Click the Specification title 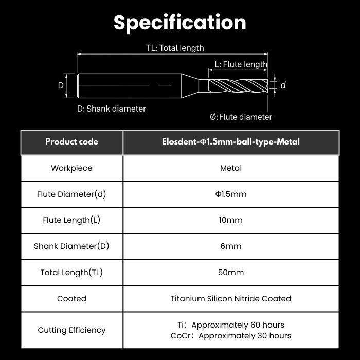(x=180, y=23)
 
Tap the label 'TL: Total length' (x=175, y=48)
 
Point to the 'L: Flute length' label (x=241, y=64)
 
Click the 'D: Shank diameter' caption (x=112, y=109)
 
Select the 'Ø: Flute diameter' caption (x=241, y=117)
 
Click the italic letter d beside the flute (x=283, y=85)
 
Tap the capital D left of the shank (x=61, y=85)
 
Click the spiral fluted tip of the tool (x=238, y=85)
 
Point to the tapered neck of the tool (x=190, y=85)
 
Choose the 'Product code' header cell (x=71, y=142)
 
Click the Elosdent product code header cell (x=231, y=142)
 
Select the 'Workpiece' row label (x=71, y=168)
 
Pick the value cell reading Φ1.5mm (x=231, y=194)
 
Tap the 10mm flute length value (x=231, y=220)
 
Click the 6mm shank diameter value (x=231, y=246)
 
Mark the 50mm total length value (x=231, y=272)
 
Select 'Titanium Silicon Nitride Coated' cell (x=231, y=299)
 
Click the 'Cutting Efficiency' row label (x=71, y=330)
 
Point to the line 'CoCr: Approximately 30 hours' (x=231, y=336)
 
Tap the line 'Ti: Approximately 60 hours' (x=231, y=325)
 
